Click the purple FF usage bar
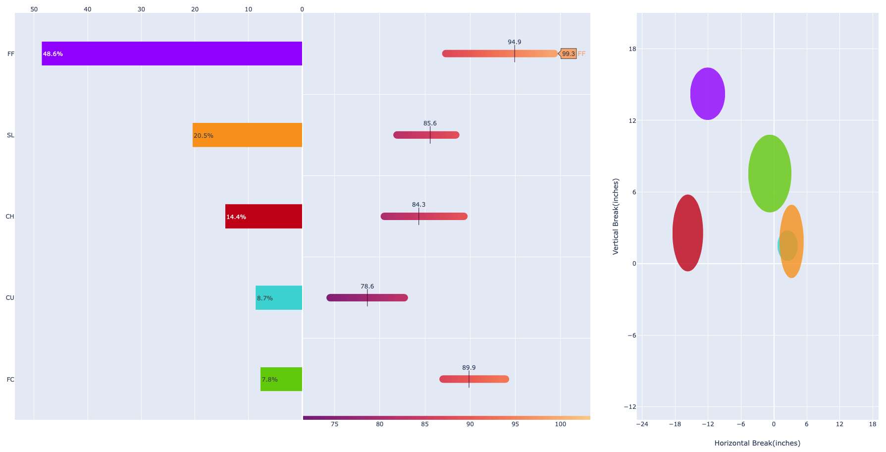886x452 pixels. pyautogui.click(x=172, y=54)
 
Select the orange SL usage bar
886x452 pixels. pyautogui.click(x=248, y=135)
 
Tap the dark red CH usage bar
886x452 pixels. pyautogui.click(x=263, y=216)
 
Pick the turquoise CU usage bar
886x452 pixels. pyautogui.click(x=279, y=298)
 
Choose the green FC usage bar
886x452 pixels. pyautogui.click(x=281, y=379)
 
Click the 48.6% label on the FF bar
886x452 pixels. pyautogui.click(x=53, y=54)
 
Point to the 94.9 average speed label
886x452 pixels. pyautogui.click(x=514, y=42)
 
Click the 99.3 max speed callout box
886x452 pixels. pyautogui.click(x=568, y=54)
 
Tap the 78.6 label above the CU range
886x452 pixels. pyautogui.click(x=367, y=286)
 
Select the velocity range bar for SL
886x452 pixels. pyautogui.click(x=426, y=135)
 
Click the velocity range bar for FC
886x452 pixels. pyautogui.click(x=474, y=379)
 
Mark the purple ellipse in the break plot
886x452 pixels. pyautogui.click(x=707, y=94)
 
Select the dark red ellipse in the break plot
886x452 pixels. pyautogui.click(x=687, y=233)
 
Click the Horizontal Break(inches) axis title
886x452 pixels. pyautogui.click(x=757, y=443)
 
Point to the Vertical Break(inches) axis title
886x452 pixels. pyautogui.click(x=616, y=217)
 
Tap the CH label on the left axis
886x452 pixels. pyautogui.click(x=10, y=217)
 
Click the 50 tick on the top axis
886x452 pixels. pyautogui.click(x=34, y=9)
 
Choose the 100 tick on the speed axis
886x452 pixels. pyautogui.click(x=560, y=424)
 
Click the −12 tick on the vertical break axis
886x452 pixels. pyautogui.click(x=629, y=407)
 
